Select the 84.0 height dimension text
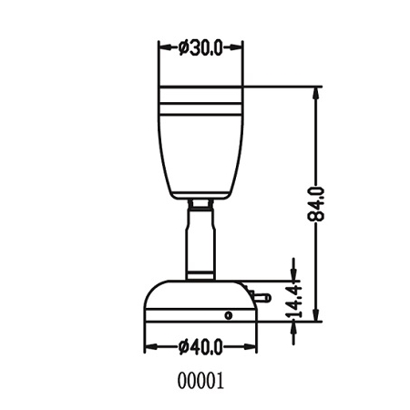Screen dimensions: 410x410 click(x=316, y=203)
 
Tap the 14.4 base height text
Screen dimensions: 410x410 click(x=293, y=301)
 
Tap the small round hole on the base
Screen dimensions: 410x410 click(x=229, y=314)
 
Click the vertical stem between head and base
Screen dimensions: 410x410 click(x=200, y=241)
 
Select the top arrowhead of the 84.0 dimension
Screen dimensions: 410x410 click(x=317, y=92)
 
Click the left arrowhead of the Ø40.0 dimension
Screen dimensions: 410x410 click(x=150, y=347)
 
